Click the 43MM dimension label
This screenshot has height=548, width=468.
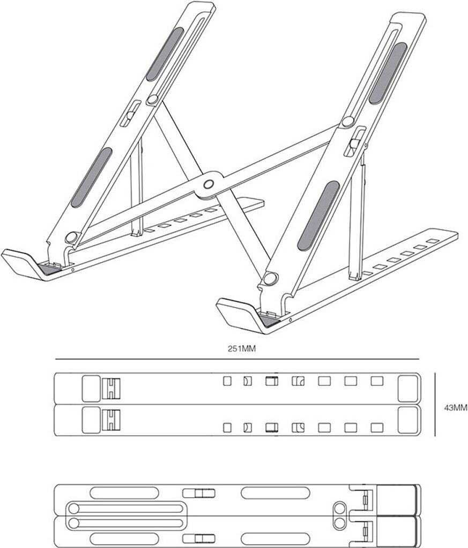click(x=456, y=407)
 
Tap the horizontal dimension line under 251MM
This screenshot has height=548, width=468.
click(x=236, y=359)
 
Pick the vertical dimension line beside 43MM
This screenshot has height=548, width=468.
click(x=435, y=404)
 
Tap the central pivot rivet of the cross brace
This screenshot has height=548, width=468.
click(x=209, y=184)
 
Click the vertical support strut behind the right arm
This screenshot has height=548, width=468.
click(x=355, y=225)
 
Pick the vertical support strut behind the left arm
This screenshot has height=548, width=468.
click(x=137, y=187)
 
